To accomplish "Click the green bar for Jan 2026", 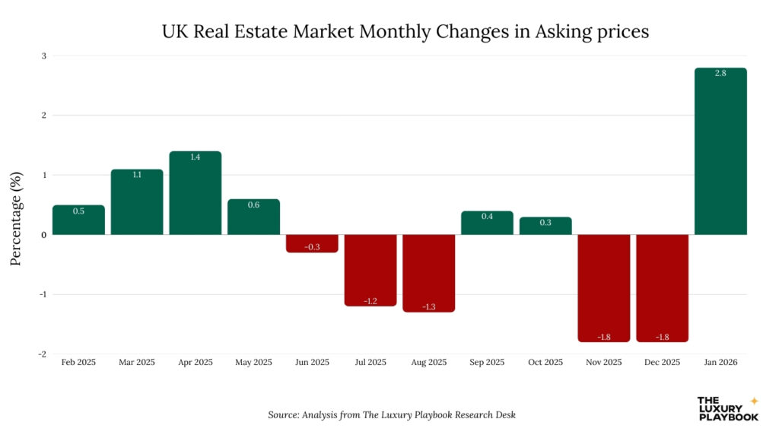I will point(720,152).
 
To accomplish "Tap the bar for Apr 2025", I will point(196,193).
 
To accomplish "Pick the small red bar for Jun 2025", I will point(312,243).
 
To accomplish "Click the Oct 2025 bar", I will point(545,226).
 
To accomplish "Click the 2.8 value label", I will point(720,74).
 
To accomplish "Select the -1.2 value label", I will point(370,301).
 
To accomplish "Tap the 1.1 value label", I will point(137,175).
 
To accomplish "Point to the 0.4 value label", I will point(487,217).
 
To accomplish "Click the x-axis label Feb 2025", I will point(78,363).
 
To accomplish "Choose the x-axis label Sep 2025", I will point(487,363).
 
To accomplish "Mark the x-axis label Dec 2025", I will point(662,363).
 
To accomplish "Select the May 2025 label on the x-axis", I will point(253,363).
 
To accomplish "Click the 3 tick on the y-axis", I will point(44,56).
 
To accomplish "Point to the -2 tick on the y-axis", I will point(43,354).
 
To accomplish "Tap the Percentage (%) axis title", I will point(15,218).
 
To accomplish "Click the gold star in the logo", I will point(754,401).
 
